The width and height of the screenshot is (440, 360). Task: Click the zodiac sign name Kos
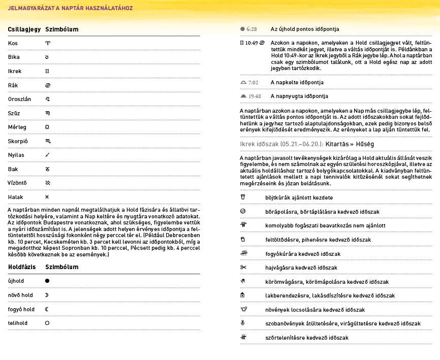[x=13, y=43]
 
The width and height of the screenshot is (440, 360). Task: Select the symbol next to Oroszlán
[x=48, y=99]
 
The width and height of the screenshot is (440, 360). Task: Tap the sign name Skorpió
[x=18, y=141]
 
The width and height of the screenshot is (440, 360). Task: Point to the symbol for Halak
[x=47, y=197]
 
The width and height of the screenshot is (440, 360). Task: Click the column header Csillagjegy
[x=24, y=29]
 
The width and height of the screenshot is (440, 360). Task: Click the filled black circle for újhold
[x=47, y=281]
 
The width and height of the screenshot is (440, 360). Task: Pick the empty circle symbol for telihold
[x=47, y=323]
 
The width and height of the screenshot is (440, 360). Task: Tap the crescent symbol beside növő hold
[x=47, y=295]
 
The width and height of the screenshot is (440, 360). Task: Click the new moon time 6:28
[x=252, y=29]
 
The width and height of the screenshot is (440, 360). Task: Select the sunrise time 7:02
[x=253, y=82]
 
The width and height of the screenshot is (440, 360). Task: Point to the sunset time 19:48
[x=255, y=96]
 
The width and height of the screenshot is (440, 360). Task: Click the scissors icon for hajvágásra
[x=243, y=268]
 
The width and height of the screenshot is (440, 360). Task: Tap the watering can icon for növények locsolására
[x=243, y=309]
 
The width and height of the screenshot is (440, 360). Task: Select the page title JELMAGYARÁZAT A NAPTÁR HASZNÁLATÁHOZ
[x=70, y=8]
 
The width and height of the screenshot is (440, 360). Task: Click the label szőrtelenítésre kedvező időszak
[x=306, y=338]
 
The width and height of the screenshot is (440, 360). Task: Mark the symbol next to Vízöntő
[x=48, y=183]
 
